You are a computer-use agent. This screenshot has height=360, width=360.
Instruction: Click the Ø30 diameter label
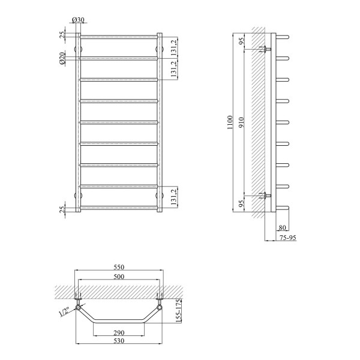(78, 20)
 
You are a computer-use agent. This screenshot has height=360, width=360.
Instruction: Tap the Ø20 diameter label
(62, 58)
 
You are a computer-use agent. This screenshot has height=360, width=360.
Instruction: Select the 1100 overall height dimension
(230, 122)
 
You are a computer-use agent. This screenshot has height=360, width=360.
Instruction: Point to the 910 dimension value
(241, 122)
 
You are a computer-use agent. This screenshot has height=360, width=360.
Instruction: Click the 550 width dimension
(119, 267)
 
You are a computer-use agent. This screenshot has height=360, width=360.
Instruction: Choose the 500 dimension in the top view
(119, 277)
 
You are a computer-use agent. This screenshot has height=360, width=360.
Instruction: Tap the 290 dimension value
(119, 332)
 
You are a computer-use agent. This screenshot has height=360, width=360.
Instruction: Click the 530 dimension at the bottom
(119, 341)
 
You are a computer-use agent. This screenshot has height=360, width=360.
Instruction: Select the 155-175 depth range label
(179, 311)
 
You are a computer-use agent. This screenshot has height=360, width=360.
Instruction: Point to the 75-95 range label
(288, 238)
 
